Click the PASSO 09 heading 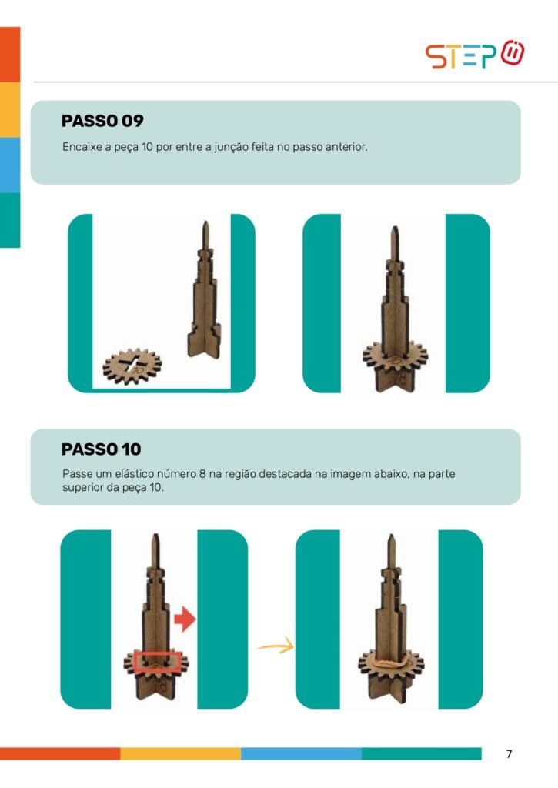pyautogui.click(x=102, y=121)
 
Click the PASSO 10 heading pyautogui.click(x=101, y=449)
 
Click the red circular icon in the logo pyautogui.click(x=513, y=52)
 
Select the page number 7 pyautogui.click(x=509, y=754)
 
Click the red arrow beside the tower pyautogui.click(x=185, y=619)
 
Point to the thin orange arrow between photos pyautogui.click(x=276, y=646)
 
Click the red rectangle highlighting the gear pyautogui.click(x=159, y=661)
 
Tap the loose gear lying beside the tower pyautogui.click(x=132, y=366)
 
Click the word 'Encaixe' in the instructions pyautogui.click(x=82, y=147)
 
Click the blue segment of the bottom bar pyautogui.click(x=301, y=754)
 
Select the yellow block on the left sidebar pyautogui.click(x=10, y=109)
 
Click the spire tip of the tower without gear pyautogui.click(x=205, y=222)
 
